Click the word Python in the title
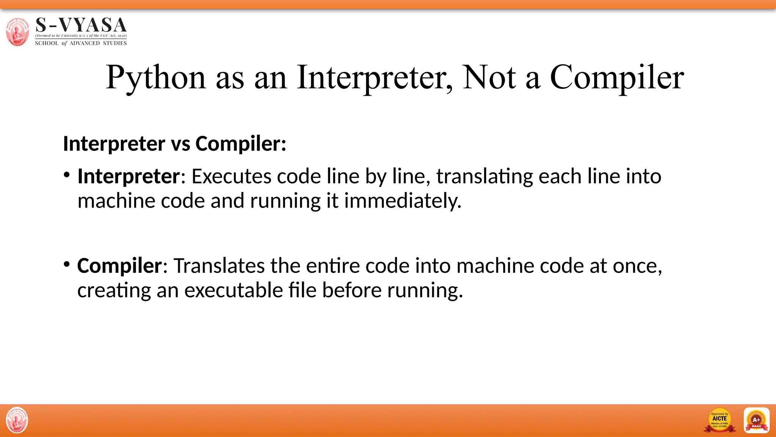(156, 77)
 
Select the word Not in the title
(489, 77)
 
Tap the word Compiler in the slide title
(617, 77)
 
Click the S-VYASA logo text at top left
(81, 25)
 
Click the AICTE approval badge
(720, 420)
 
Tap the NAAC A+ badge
(756, 420)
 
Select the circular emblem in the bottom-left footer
(17, 420)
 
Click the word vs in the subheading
(180, 144)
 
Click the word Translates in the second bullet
(219, 266)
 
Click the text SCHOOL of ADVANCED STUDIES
(81, 43)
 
